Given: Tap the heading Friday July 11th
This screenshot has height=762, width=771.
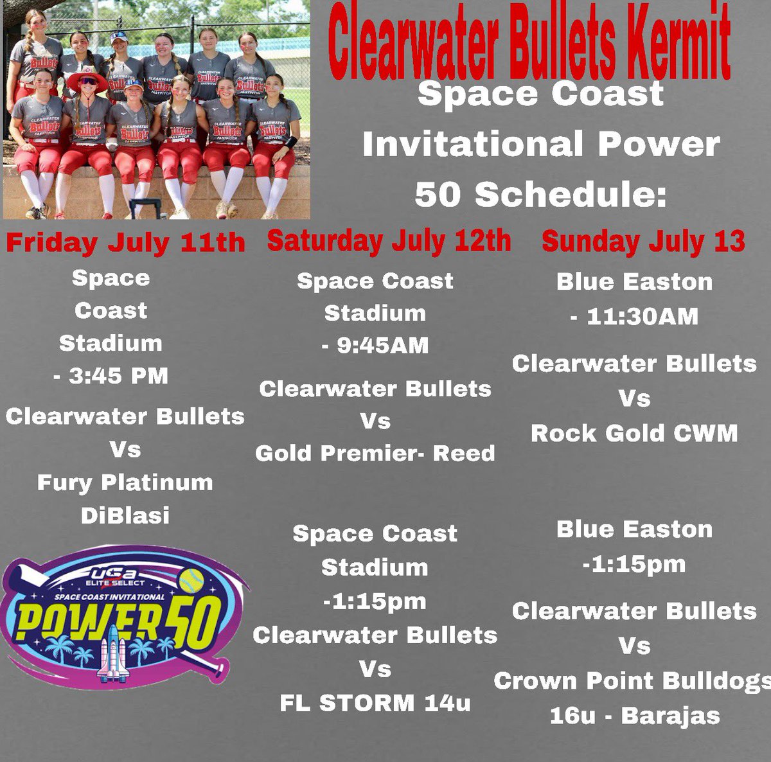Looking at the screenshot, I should click(125, 243).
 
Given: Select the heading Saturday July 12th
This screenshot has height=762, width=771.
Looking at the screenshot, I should click(389, 241).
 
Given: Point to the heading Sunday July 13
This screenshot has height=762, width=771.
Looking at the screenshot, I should click(643, 242).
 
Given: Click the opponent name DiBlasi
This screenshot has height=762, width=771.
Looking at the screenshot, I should click(125, 515).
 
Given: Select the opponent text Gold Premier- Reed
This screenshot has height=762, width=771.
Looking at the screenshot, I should click(375, 454).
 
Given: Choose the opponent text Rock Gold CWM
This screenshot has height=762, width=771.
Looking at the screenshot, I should click(634, 434).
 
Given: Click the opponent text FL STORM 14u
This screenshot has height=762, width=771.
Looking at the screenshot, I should click(375, 703).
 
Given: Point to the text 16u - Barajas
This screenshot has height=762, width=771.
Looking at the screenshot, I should click(634, 716).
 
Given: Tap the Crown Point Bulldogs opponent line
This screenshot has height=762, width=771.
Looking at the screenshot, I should click(633, 681).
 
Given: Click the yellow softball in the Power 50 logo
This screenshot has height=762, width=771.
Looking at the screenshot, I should click(191, 581).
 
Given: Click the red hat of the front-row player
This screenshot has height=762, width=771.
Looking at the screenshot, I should click(87, 80).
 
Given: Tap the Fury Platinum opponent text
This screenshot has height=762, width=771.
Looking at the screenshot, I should click(125, 483).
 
